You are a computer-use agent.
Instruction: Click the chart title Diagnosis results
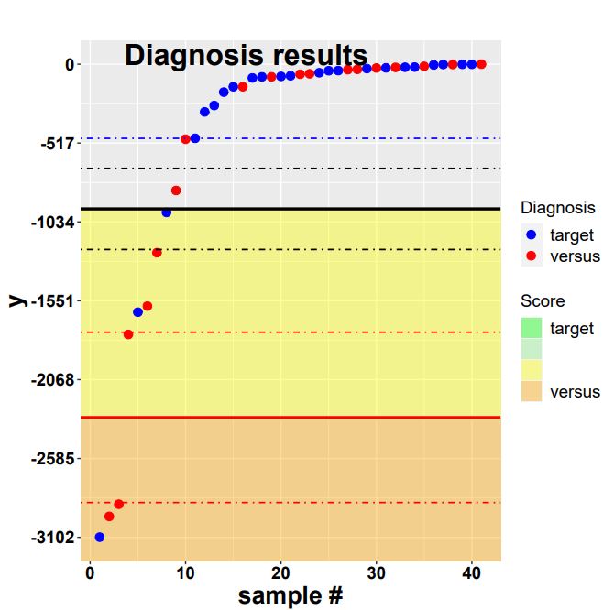(x=246, y=56)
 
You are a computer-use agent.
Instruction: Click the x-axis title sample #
(x=291, y=595)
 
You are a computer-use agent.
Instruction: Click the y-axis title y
(x=16, y=300)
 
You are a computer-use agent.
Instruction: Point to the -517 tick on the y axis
(x=56, y=144)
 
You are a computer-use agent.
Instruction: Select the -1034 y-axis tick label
(x=52, y=223)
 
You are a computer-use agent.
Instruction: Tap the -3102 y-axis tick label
(x=52, y=538)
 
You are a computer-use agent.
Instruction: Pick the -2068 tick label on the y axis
(x=52, y=380)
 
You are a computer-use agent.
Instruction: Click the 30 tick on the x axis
(x=376, y=573)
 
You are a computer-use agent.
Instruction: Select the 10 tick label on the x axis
(x=185, y=573)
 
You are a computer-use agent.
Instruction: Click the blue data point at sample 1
(x=100, y=537)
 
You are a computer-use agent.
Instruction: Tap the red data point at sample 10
(x=186, y=139)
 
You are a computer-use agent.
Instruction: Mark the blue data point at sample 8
(x=167, y=212)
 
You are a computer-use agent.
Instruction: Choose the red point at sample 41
(x=481, y=64)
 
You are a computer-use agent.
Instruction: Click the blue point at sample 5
(x=137, y=312)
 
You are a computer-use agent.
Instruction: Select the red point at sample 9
(x=176, y=191)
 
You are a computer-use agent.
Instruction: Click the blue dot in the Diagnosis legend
(x=532, y=235)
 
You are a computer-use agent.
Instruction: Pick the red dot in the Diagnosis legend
(x=532, y=256)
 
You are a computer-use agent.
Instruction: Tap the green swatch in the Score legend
(x=532, y=328)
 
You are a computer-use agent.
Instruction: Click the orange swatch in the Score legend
(x=532, y=392)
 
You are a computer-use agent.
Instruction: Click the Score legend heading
(x=543, y=300)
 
